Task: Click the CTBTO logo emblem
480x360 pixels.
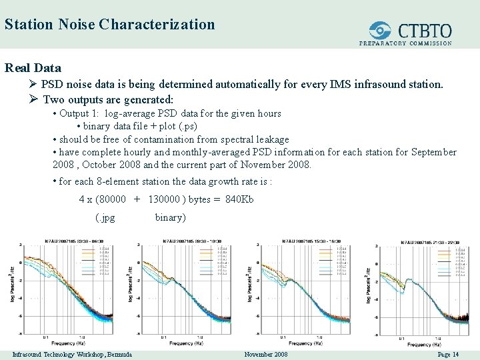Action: tap(380, 31)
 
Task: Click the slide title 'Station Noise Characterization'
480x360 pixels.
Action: tap(109, 25)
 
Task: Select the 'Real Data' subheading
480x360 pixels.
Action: tap(33, 67)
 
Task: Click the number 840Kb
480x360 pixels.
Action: tap(239, 199)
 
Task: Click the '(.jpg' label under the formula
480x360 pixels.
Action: tap(105, 217)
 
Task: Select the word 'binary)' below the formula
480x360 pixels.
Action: tap(171, 217)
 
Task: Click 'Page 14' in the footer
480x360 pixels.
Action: tap(448, 354)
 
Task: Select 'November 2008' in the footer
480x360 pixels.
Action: tap(266, 354)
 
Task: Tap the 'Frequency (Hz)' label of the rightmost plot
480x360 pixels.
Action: tap(425, 345)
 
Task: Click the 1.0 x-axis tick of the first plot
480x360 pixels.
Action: tap(81, 337)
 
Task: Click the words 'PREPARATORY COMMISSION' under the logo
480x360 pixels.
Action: tap(405, 43)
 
